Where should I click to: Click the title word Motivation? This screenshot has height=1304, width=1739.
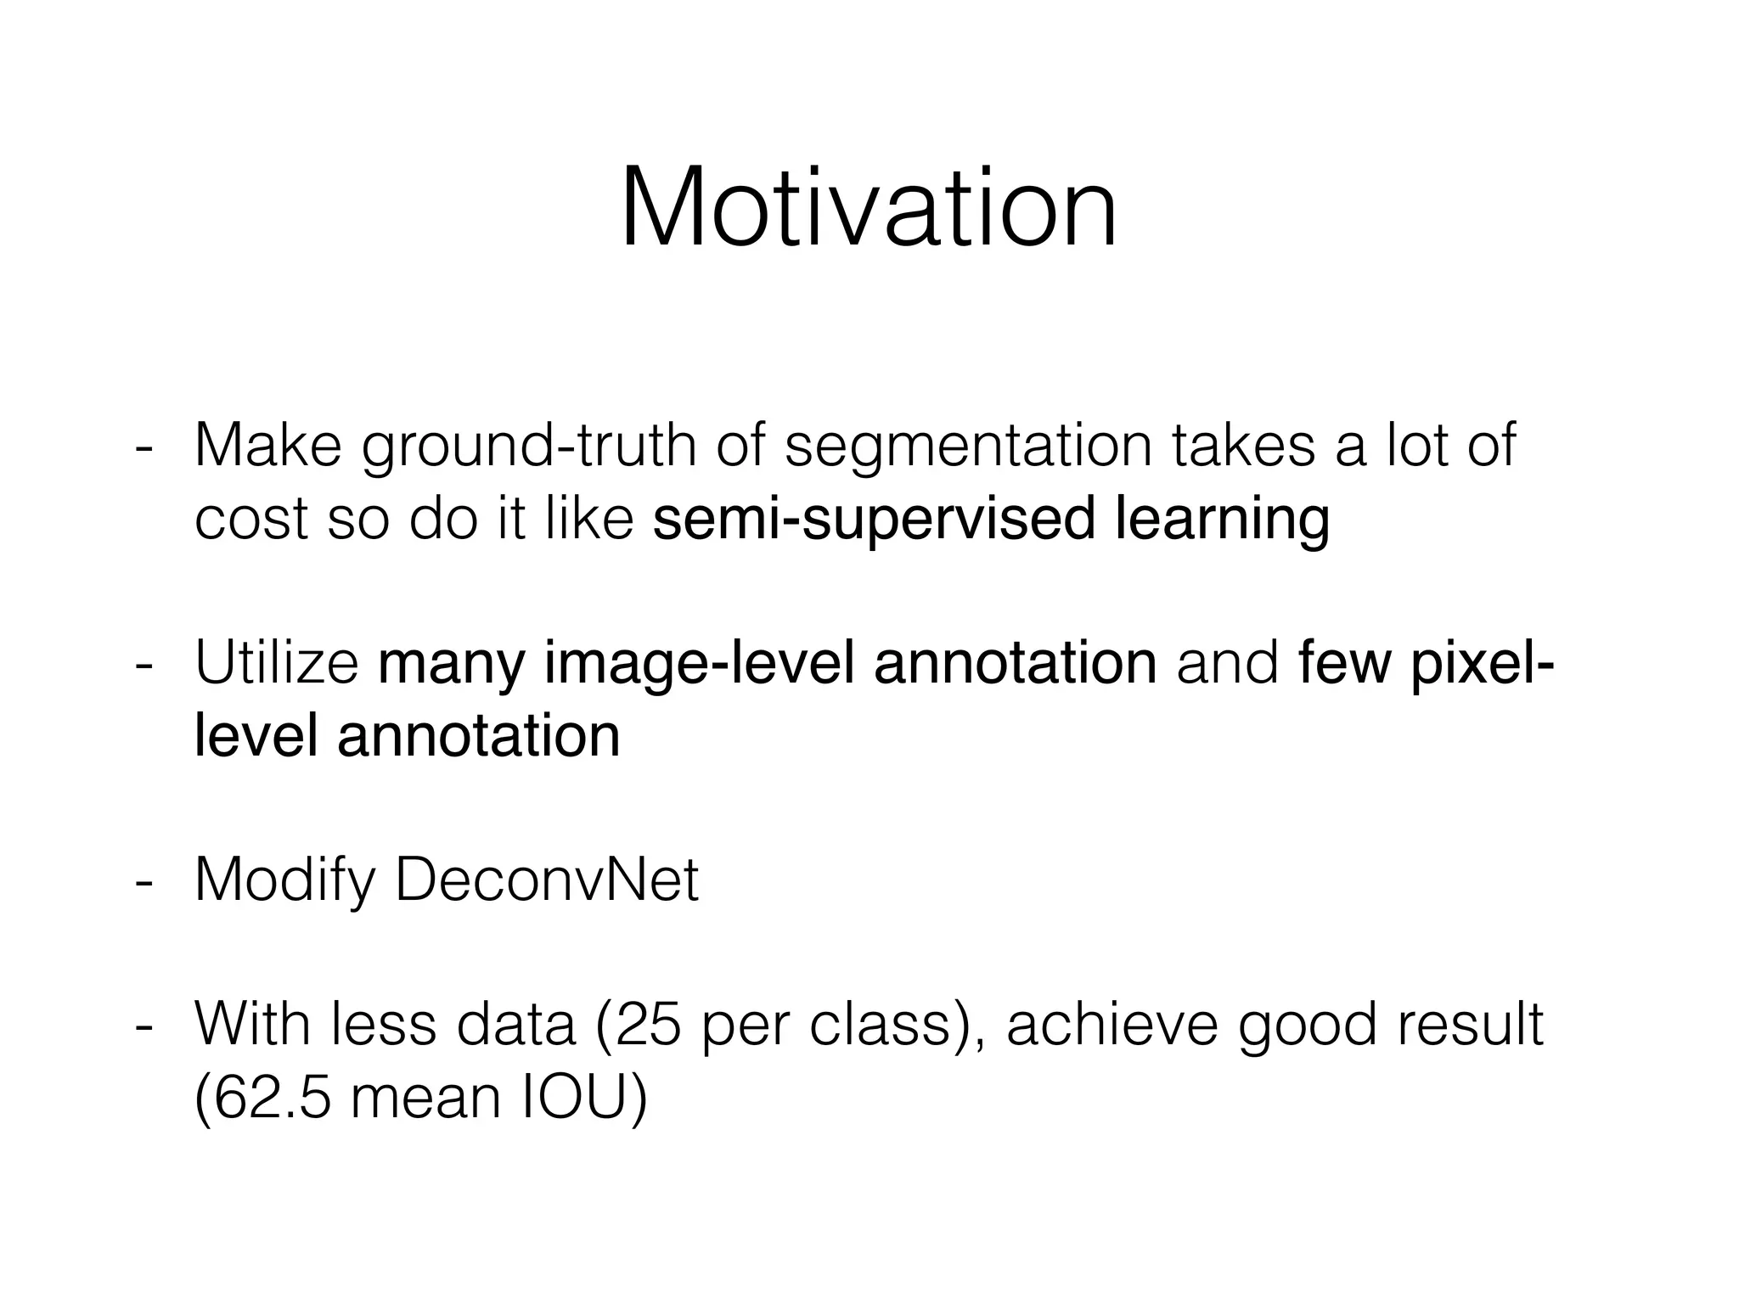(869, 207)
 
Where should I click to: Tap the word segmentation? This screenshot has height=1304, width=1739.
(968, 448)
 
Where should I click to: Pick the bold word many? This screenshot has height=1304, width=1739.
(451, 666)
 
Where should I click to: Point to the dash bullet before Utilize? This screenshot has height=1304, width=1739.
(144, 666)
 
